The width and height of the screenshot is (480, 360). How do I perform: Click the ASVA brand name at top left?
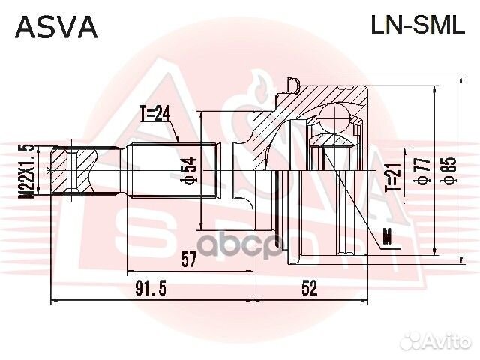[57, 28]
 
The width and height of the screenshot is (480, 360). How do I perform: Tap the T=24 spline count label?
[155, 114]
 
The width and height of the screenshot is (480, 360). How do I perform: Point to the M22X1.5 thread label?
[28, 171]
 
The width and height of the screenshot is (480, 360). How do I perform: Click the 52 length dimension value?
[308, 288]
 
